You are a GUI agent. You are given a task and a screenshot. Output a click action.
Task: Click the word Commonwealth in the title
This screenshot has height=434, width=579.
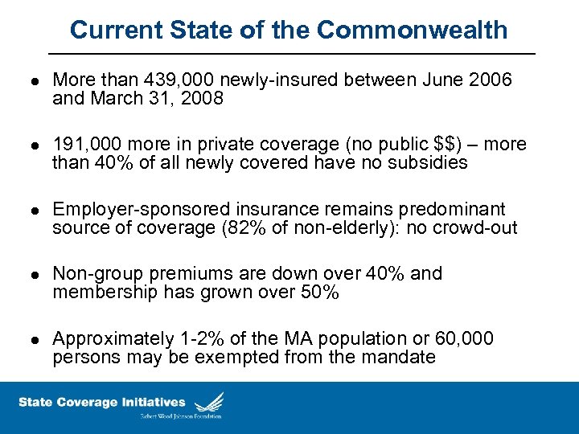[412, 30]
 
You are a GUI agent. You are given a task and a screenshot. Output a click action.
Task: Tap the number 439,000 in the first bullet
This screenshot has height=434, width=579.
[175, 80]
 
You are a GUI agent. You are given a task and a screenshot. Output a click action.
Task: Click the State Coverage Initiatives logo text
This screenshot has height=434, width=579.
[101, 402]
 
